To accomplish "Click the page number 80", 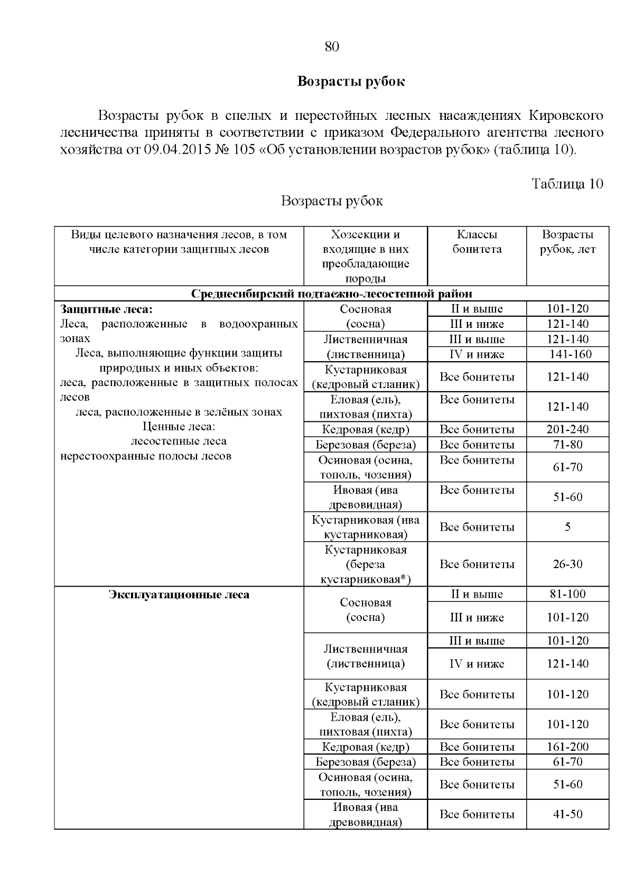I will pyautogui.click(x=331, y=46).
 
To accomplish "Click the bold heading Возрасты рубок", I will pyautogui.click(x=351, y=81).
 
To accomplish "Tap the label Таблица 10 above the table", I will pyautogui.click(x=567, y=184).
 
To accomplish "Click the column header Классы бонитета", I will pyautogui.click(x=477, y=242).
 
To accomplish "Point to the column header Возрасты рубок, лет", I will pyautogui.click(x=567, y=242).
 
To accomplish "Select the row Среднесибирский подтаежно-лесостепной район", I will pyautogui.click(x=331, y=294).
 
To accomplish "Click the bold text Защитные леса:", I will pyautogui.click(x=106, y=309).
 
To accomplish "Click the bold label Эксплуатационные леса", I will pyautogui.click(x=179, y=595).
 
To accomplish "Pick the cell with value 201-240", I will pyautogui.click(x=567, y=429).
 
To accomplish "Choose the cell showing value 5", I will pyautogui.click(x=567, y=527).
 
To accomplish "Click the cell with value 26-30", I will pyautogui.click(x=567, y=564).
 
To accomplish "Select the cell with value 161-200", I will pyautogui.click(x=567, y=747).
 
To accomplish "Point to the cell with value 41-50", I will pyautogui.click(x=567, y=814).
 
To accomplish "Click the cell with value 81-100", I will pyautogui.click(x=567, y=594).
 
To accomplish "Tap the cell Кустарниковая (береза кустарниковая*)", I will pyautogui.click(x=366, y=564).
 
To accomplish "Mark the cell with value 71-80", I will pyautogui.click(x=567, y=445).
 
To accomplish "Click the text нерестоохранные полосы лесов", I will pyautogui.click(x=146, y=456).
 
